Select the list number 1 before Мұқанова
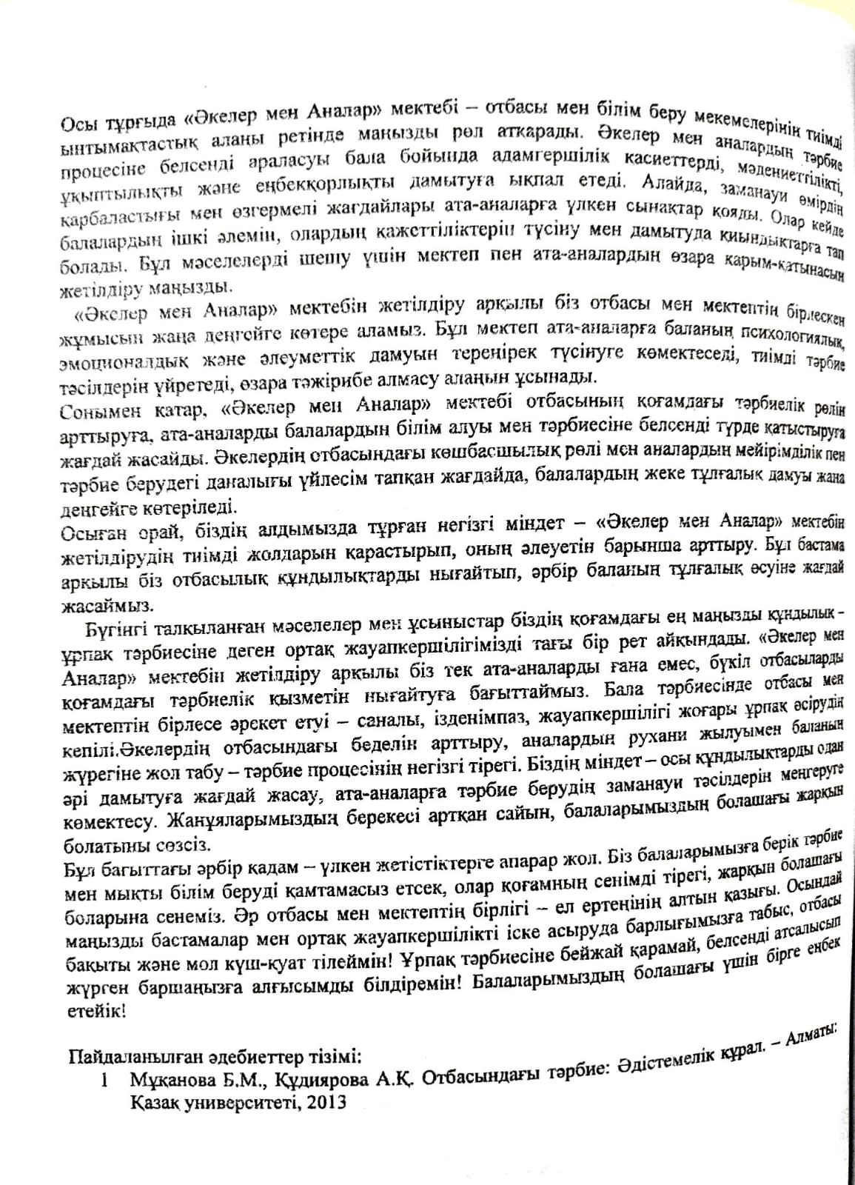[106, 1080]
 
